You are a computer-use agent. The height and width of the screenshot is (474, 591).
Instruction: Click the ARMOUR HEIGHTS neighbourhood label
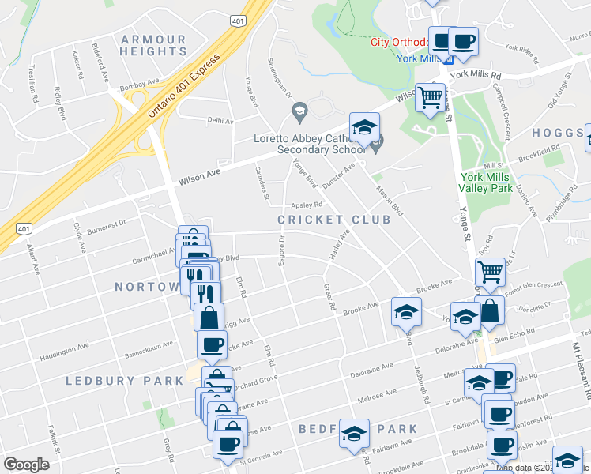coord(153,45)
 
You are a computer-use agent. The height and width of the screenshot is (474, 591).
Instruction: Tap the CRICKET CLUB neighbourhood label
coord(334,220)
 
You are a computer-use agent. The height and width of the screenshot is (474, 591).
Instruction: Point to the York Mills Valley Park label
coord(487,182)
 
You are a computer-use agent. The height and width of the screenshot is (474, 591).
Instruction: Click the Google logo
coord(26,465)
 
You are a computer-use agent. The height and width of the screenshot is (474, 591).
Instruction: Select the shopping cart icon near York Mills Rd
coord(430,98)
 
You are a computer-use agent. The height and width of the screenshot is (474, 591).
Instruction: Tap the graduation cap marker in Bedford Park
coord(355,432)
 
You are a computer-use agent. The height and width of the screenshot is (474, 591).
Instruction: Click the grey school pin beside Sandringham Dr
coord(299,115)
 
